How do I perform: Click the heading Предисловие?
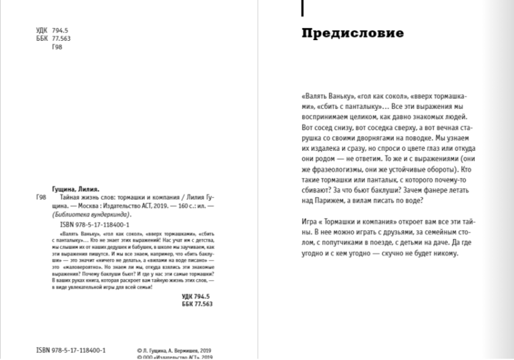click(x=352, y=33)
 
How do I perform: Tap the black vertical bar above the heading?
click(x=302, y=8)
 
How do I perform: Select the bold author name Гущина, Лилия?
click(x=75, y=188)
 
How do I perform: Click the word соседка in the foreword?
click(x=376, y=125)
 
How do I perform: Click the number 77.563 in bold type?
click(x=200, y=303)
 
